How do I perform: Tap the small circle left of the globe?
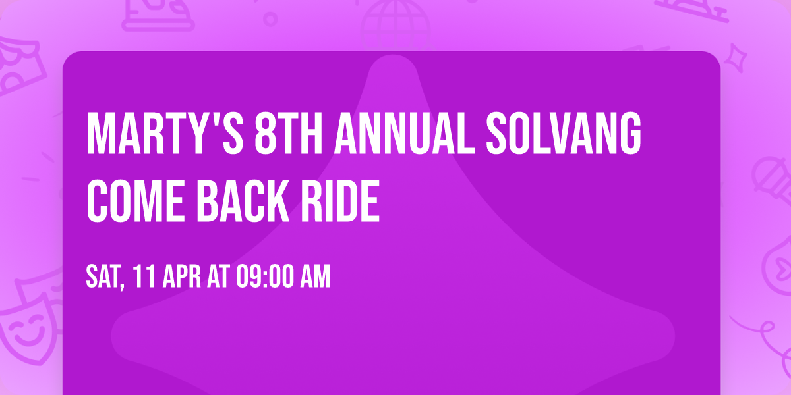pos(270,18)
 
